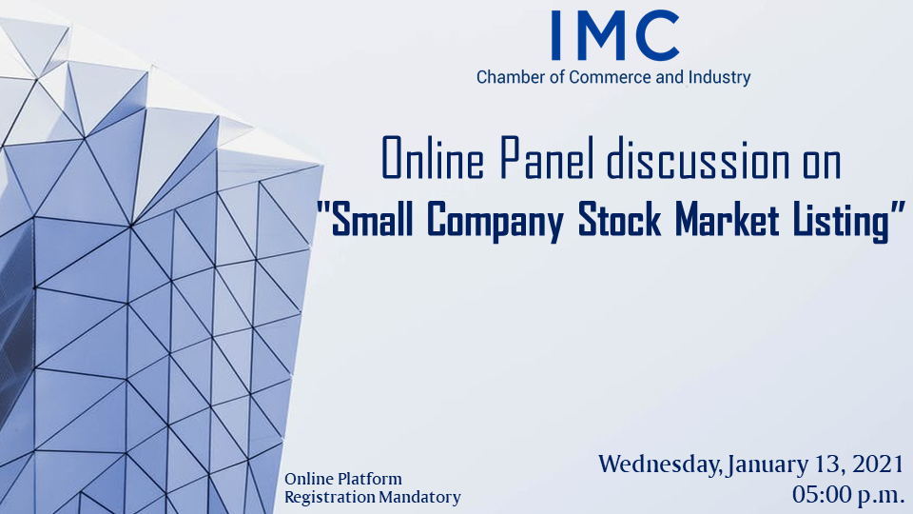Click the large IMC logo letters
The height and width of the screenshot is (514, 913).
coord(615,35)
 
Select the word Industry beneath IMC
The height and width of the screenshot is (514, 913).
coord(719,77)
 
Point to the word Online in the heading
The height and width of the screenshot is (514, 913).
coord(433,157)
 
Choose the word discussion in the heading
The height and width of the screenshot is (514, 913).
coord(698,157)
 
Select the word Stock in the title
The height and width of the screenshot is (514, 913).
coord(619,219)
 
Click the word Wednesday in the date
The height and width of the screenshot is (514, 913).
coord(661,465)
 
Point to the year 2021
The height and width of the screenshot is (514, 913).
coord(878,464)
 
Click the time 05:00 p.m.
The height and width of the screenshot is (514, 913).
coord(847,495)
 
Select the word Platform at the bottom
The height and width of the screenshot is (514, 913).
coord(373,479)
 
